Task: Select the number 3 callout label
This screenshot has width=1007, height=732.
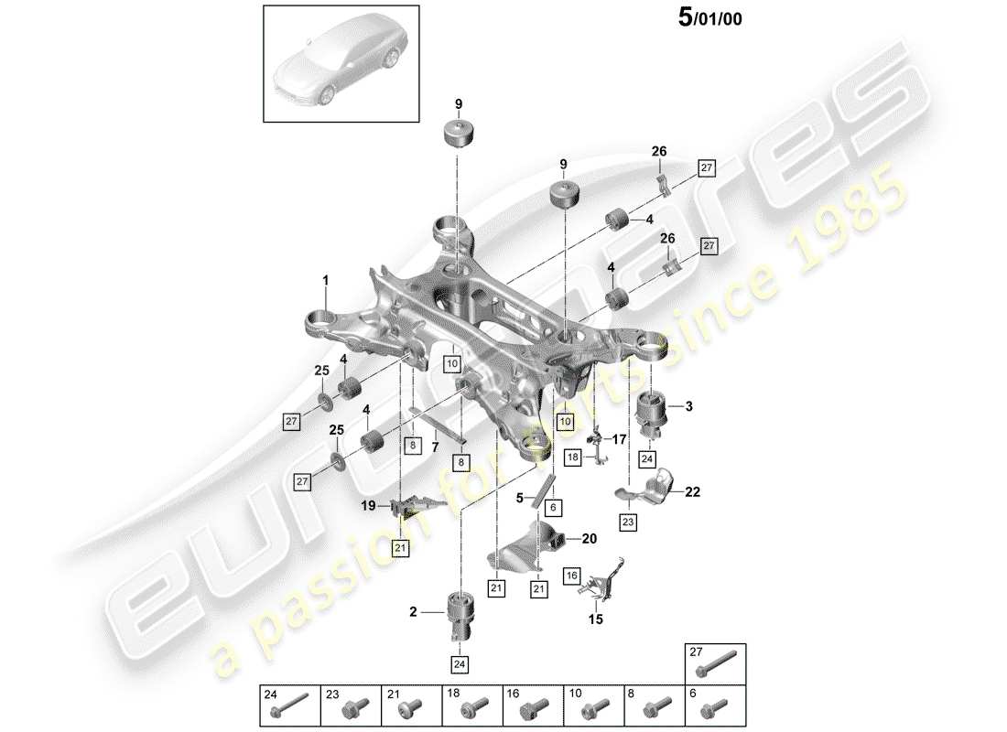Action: [689, 405]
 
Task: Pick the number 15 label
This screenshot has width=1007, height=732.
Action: [596, 619]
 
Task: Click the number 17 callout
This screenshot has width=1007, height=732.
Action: [619, 440]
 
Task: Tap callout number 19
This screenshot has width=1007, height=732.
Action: [367, 504]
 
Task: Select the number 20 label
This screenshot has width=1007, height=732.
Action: [589, 539]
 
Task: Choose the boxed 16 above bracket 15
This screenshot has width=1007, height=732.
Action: [571, 576]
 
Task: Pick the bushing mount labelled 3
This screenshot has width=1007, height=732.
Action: [654, 413]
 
